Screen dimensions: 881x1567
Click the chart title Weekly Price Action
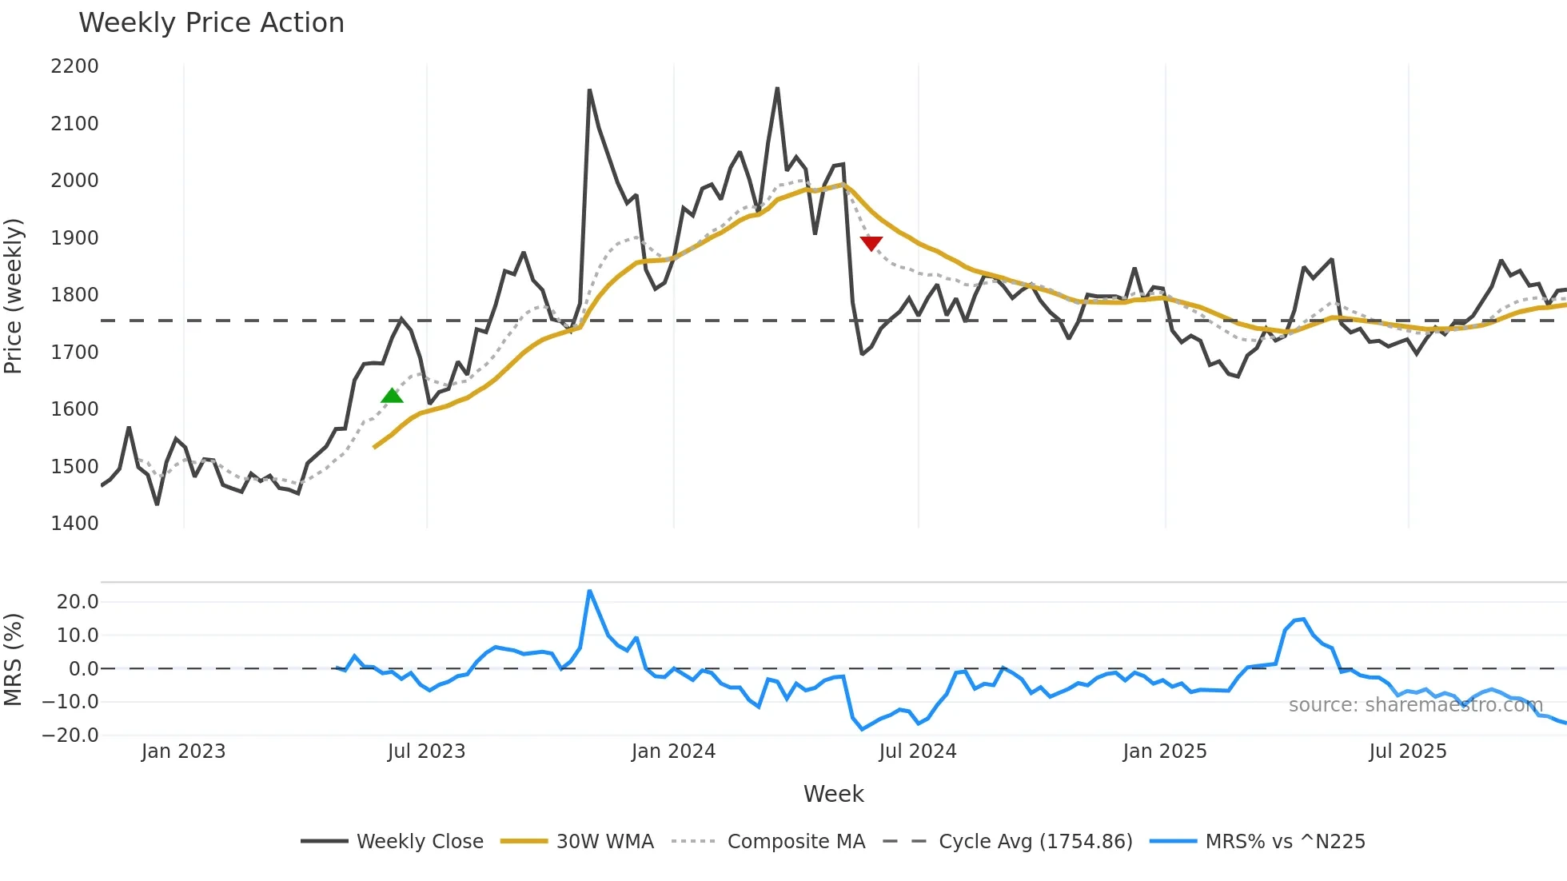[211, 23]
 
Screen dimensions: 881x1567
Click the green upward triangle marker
[392, 396]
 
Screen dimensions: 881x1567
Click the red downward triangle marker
[871, 243]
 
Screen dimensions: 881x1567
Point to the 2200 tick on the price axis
[74, 66]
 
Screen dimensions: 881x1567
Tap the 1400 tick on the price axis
[74, 524]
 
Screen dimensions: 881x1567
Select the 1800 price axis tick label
[74, 295]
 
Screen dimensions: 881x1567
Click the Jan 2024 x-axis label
[673, 751]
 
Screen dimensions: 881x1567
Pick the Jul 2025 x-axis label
[1407, 751]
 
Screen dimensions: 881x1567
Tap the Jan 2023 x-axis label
[183, 751]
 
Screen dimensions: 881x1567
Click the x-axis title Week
[833, 794]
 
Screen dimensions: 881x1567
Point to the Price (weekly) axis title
[14, 296]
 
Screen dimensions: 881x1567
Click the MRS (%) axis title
[14, 660]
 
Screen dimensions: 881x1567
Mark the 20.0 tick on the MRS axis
[78, 602]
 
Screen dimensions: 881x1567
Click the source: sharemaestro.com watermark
[1415, 705]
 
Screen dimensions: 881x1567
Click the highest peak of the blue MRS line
[589, 592]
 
